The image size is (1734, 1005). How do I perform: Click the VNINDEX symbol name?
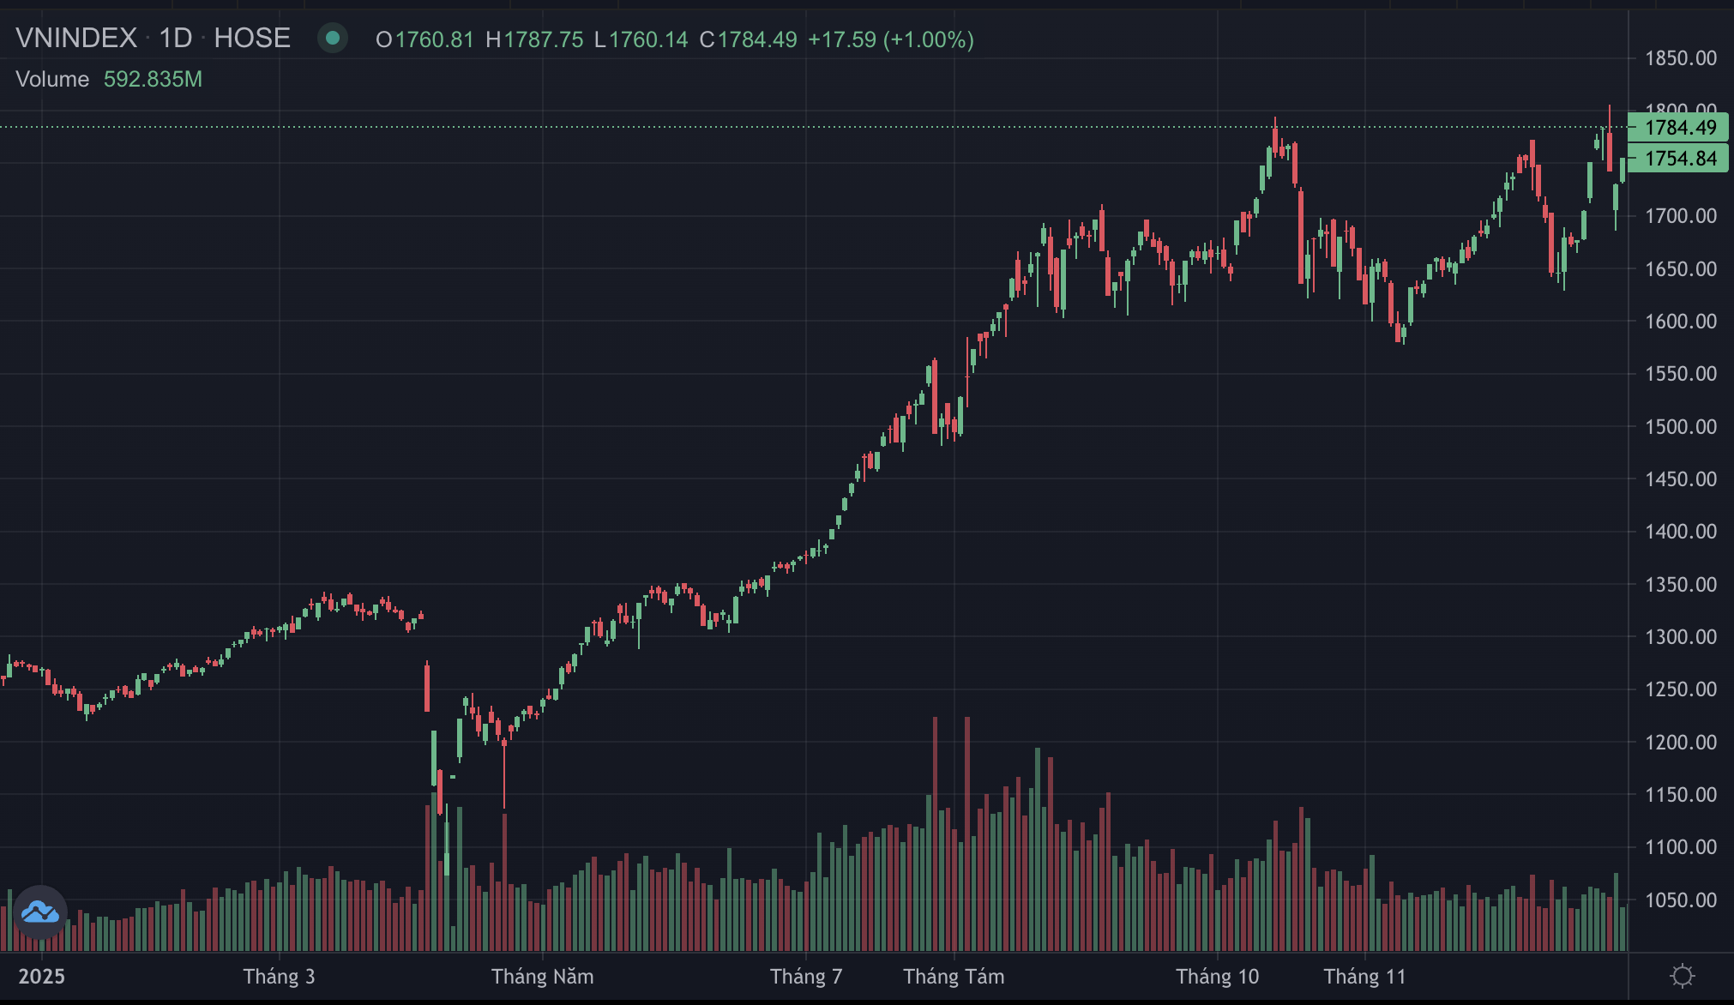tap(76, 39)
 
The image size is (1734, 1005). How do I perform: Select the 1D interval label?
tap(176, 39)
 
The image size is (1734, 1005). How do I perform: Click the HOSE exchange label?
tap(252, 39)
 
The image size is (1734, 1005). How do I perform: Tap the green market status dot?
tap(332, 39)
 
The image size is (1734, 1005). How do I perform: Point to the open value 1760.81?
tap(434, 39)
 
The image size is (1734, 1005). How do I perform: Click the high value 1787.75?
tap(543, 39)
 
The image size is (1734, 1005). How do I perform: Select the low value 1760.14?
tap(648, 39)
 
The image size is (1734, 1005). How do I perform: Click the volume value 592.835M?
tap(153, 79)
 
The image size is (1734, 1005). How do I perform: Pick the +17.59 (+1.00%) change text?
tap(890, 39)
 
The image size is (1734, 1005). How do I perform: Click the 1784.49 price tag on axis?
tap(1679, 128)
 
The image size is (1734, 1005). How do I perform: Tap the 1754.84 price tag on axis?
tap(1679, 159)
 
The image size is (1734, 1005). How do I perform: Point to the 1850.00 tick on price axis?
tap(1680, 58)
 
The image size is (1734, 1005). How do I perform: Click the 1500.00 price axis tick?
tap(1680, 427)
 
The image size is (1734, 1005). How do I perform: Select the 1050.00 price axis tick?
tap(1680, 900)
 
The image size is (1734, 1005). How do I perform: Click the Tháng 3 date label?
tap(279, 977)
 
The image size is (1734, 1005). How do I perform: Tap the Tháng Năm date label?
tap(542, 977)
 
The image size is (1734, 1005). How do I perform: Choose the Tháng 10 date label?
tap(1217, 977)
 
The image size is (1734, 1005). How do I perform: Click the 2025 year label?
tap(42, 977)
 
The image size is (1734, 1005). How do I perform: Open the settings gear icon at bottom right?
tap(1683, 976)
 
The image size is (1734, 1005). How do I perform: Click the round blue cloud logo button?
tap(40, 912)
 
